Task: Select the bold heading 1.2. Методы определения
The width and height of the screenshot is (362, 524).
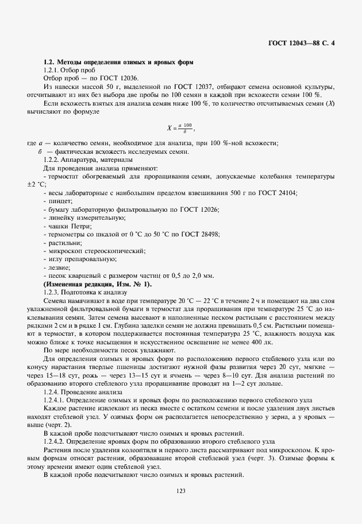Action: click(x=118, y=61)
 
